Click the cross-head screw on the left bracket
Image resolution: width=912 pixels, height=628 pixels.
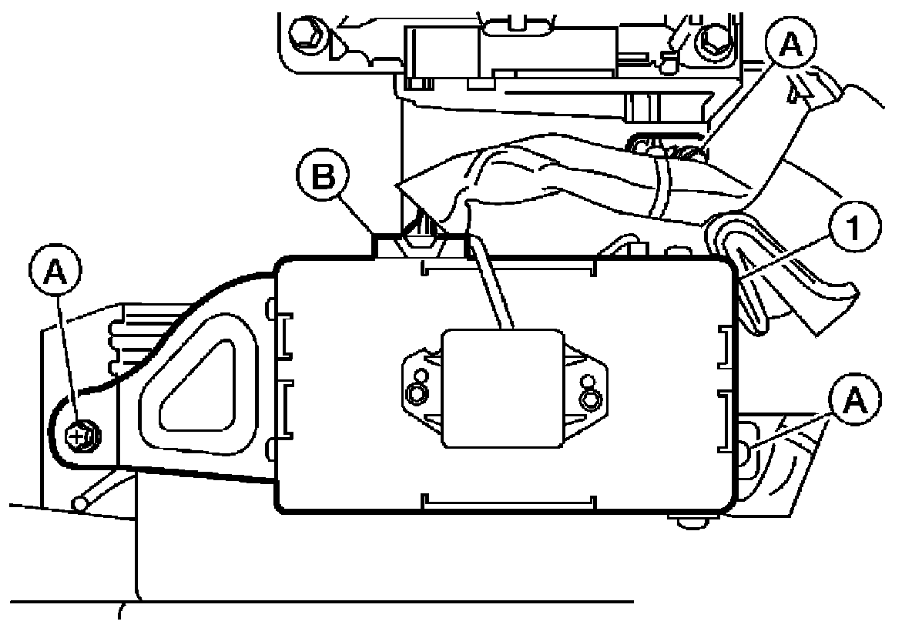coord(80,437)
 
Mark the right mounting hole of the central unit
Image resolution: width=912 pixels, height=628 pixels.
coord(590,399)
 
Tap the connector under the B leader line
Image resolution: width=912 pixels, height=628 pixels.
coord(420,234)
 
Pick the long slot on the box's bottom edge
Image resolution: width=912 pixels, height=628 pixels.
coord(508,504)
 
